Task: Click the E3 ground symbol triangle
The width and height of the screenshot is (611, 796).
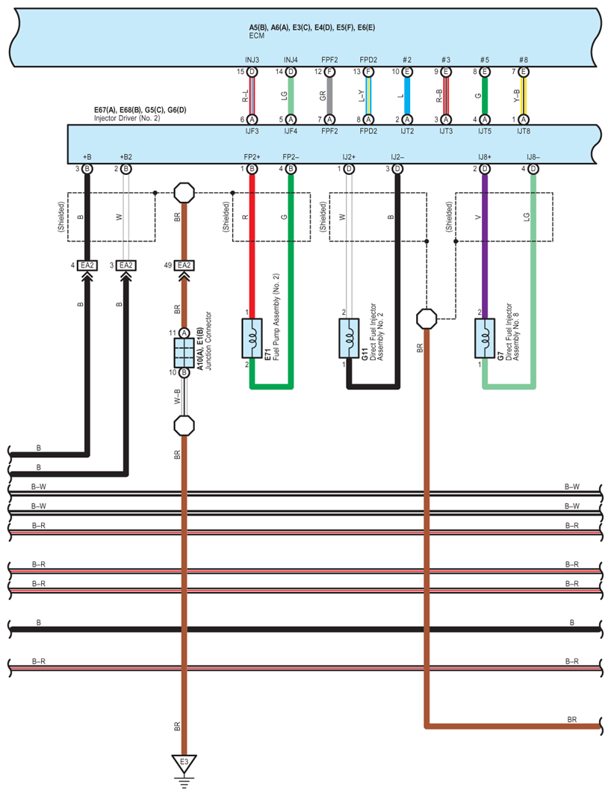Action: point(184,762)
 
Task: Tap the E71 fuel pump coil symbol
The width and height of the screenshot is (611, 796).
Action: point(252,338)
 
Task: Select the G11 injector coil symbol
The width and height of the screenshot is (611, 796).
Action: point(349,338)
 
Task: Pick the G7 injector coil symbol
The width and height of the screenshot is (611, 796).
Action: point(485,338)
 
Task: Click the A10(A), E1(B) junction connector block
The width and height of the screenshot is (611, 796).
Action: point(184,353)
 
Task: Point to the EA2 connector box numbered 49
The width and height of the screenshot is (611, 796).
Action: point(184,265)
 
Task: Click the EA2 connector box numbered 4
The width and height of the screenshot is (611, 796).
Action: point(87,265)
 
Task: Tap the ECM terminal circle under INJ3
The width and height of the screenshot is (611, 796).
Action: point(252,72)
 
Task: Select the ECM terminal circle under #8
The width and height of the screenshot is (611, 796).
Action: point(523,72)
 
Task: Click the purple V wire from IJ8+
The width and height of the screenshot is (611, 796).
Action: point(485,246)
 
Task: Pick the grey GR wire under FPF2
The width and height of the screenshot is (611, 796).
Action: point(329,96)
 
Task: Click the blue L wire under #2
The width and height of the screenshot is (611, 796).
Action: point(407,96)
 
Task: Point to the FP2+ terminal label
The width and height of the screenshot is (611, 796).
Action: point(252,158)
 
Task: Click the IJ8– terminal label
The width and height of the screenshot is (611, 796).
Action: point(533,158)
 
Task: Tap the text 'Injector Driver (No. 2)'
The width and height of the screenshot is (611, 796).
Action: point(127,118)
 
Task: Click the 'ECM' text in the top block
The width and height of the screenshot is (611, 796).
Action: point(256,36)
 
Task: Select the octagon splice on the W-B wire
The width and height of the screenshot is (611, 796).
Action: point(184,425)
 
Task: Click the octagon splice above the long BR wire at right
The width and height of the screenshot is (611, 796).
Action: point(427,319)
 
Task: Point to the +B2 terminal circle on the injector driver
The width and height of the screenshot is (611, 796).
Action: point(125,169)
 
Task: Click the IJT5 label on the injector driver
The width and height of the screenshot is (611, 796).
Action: point(485,131)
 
